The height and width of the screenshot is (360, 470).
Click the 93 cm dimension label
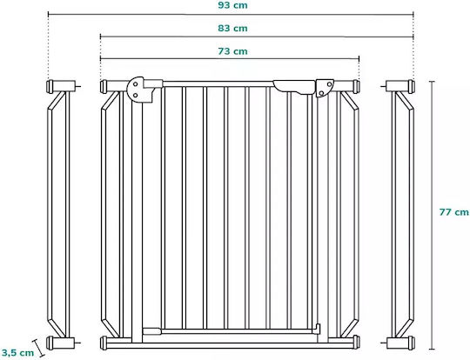(x=232, y=5)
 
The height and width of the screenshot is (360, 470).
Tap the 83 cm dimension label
(x=232, y=28)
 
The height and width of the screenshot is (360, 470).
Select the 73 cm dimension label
(x=232, y=51)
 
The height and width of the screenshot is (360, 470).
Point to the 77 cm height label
(x=453, y=212)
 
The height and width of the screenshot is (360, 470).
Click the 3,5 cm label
(x=17, y=352)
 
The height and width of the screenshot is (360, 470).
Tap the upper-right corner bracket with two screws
(x=324, y=88)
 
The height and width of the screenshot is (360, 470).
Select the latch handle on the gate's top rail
(x=294, y=87)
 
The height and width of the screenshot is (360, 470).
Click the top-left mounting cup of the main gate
(x=104, y=86)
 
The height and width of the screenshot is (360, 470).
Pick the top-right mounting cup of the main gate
(x=356, y=86)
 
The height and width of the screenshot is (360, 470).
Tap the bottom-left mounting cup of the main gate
(x=104, y=343)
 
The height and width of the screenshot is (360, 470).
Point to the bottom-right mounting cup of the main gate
(x=356, y=342)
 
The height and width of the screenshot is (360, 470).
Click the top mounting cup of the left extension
(x=50, y=86)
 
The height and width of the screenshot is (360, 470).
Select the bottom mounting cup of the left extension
(x=50, y=343)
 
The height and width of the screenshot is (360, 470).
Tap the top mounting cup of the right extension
(x=411, y=86)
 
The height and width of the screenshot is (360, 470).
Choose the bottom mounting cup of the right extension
(x=411, y=343)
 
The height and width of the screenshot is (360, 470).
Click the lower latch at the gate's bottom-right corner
(x=317, y=330)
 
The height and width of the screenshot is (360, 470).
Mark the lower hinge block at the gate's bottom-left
(x=152, y=331)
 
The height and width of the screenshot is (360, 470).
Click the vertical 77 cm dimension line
(x=432, y=215)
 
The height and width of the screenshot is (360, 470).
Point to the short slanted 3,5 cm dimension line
(x=38, y=348)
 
